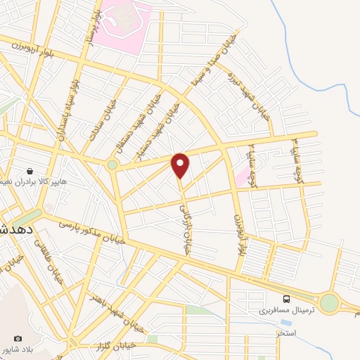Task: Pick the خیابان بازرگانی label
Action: click(x=184, y=211)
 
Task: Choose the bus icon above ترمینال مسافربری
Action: click(x=287, y=298)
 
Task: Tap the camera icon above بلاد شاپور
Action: click(x=18, y=339)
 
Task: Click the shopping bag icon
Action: click(x=30, y=170)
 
